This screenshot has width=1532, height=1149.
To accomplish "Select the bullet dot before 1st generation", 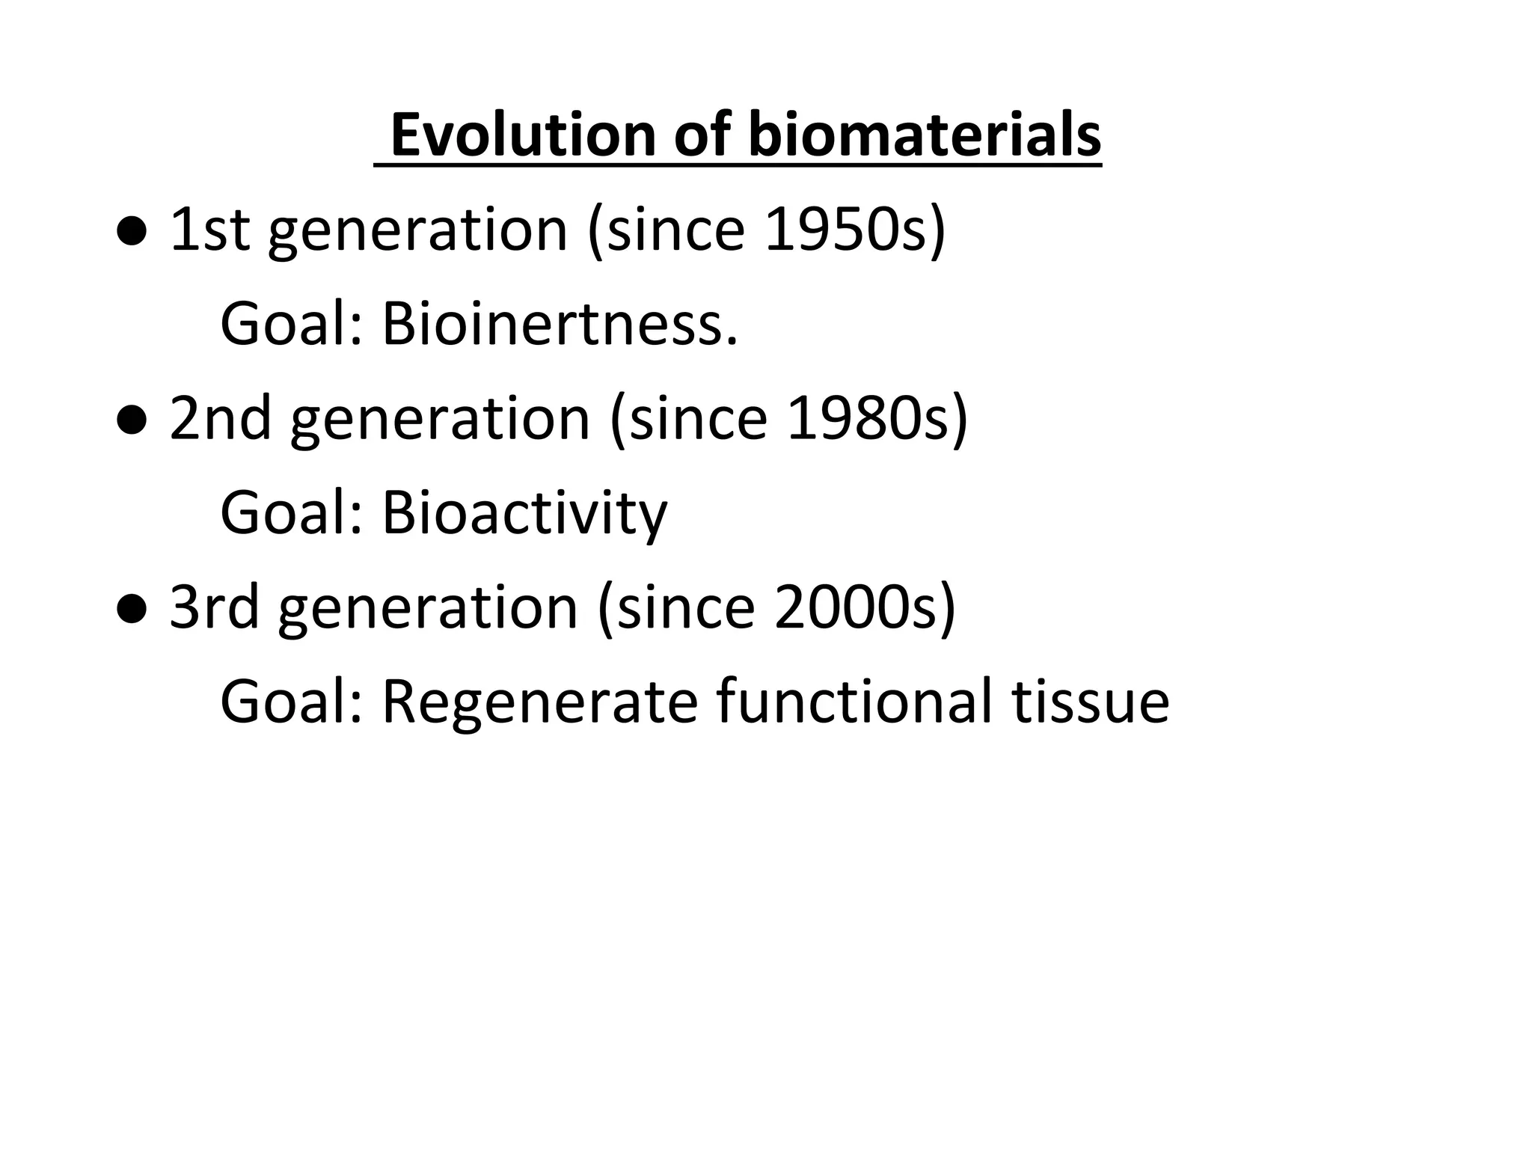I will click(132, 233).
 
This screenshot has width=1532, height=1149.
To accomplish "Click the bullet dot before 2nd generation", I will click(132, 421).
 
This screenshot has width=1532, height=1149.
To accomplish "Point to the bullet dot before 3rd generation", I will click(132, 610).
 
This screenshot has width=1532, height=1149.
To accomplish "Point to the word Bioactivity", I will click(524, 514).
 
